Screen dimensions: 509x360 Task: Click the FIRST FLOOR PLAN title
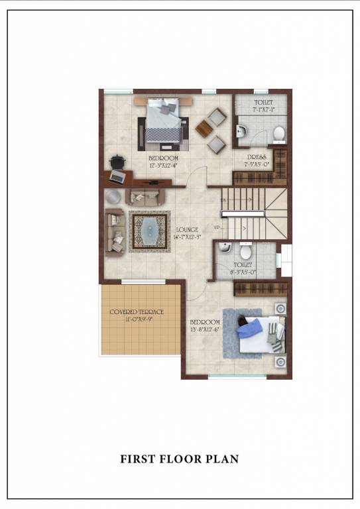click(x=179, y=459)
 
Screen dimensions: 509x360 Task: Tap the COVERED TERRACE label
click(x=137, y=311)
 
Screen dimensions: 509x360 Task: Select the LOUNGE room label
click(x=187, y=229)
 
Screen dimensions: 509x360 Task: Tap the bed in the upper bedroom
click(x=163, y=121)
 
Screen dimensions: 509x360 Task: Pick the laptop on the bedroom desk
click(x=117, y=176)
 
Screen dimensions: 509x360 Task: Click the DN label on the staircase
click(x=223, y=199)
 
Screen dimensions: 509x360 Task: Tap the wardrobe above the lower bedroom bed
click(x=261, y=289)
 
